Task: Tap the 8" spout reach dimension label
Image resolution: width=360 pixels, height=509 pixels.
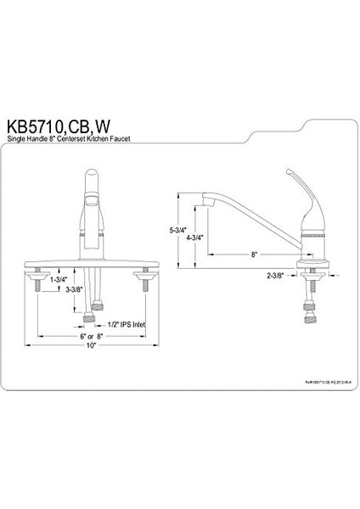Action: click(254, 253)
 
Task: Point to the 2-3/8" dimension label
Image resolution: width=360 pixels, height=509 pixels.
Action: click(277, 276)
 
